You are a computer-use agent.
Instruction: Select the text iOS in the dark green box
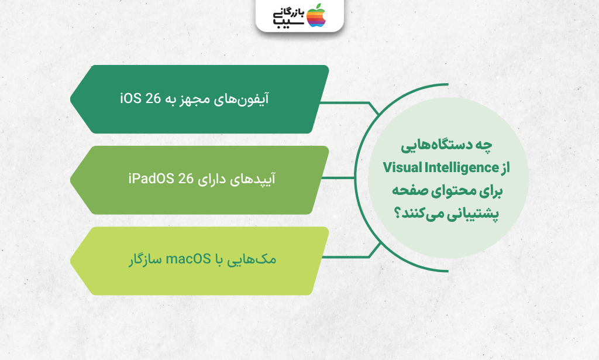(131, 98)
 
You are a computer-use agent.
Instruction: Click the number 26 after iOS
(154, 98)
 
